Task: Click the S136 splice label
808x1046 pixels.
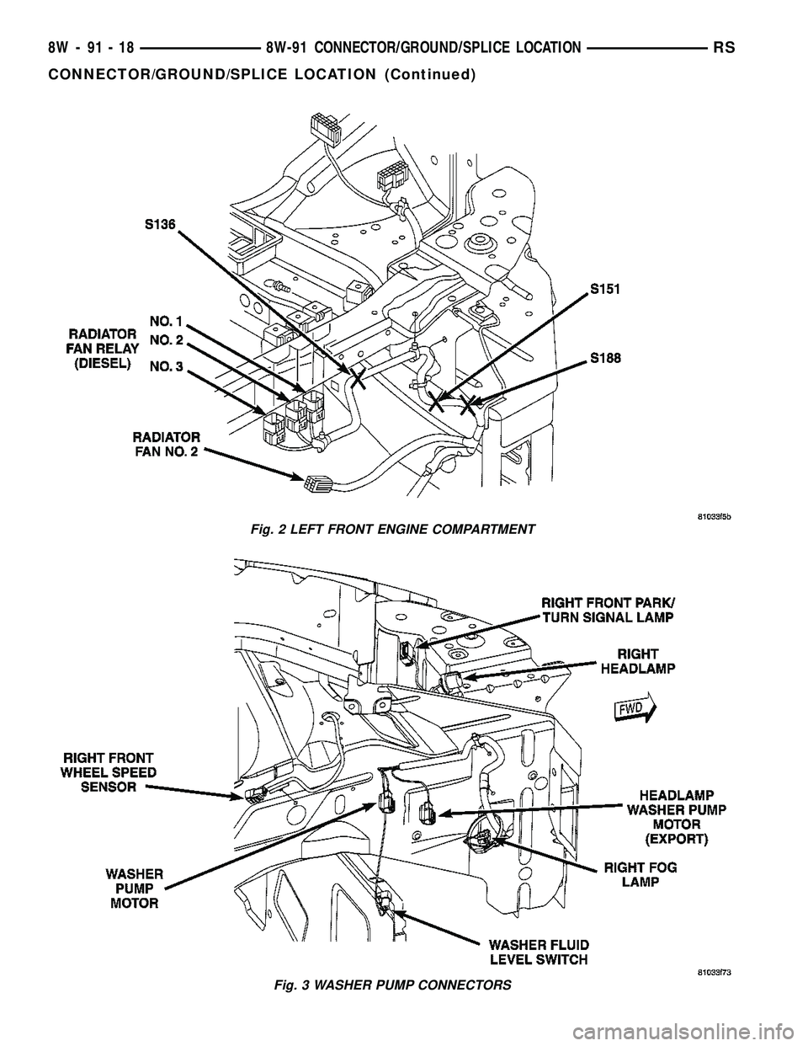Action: [162, 225]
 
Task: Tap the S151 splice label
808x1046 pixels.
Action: [605, 289]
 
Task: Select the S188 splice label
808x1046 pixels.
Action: [605, 357]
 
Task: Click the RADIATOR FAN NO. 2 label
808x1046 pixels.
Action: [166, 444]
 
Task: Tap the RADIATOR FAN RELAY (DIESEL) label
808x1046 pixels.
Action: [104, 344]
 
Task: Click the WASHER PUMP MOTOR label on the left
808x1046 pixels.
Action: [136, 887]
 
